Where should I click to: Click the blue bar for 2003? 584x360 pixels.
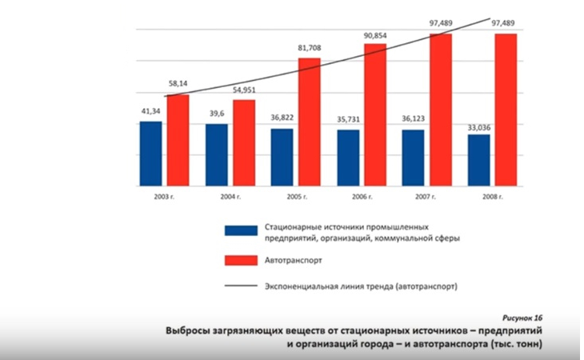(150, 154)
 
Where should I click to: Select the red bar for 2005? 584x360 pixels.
(309, 122)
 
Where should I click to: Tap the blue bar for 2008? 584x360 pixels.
(479, 160)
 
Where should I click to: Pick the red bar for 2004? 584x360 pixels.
(243, 142)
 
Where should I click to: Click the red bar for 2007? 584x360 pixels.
(440, 110)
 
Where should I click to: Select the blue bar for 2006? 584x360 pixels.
(348, 158)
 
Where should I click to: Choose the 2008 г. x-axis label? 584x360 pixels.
(492, 196)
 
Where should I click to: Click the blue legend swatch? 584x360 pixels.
(238, 231)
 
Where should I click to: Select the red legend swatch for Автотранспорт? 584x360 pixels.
(238, 260)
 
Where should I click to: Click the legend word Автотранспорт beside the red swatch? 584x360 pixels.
(292, 260)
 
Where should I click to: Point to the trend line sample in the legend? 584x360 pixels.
(238, 286)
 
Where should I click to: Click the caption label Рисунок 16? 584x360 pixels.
(523, 317)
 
